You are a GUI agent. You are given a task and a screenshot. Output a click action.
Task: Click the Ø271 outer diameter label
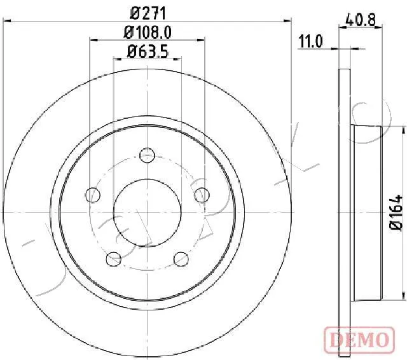(x=148, y=13)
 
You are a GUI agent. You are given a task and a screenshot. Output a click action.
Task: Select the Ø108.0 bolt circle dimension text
(x=148, y=32)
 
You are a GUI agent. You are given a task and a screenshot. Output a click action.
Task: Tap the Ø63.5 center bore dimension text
(x=148, y=52)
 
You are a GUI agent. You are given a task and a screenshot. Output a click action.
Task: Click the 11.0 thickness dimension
(x=310, y=41)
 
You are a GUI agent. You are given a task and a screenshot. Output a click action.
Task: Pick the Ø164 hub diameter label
(x=396, y=212)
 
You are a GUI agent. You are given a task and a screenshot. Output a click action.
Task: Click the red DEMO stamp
(x=359, y=340)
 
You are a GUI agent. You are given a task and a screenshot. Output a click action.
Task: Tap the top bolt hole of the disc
(x=147, y=155)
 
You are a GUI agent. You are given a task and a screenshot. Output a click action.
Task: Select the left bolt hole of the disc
(x=93, y=195)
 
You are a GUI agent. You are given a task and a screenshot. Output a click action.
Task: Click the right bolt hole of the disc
(x=202, y=195)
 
